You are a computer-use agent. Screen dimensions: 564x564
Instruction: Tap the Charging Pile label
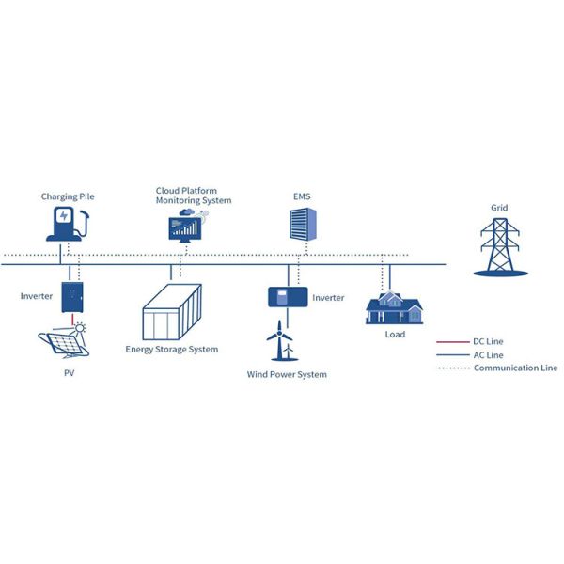(x=68, y=197)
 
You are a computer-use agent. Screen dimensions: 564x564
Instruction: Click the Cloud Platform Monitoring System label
(x=194, y=196)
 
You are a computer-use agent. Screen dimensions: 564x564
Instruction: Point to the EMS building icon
(x=301, y=224)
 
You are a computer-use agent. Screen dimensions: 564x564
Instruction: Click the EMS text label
(x=302, y=197)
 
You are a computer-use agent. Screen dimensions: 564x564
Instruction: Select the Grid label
(x=499, y=208)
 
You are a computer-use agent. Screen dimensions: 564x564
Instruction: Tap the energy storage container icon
(x=171, y=313)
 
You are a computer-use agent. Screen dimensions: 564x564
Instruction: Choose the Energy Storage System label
(x=172, y=350)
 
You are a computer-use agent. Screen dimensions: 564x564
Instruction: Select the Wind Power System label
(x=287, y=375)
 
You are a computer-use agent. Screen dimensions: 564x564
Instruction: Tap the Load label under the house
(x=395, y=335)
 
